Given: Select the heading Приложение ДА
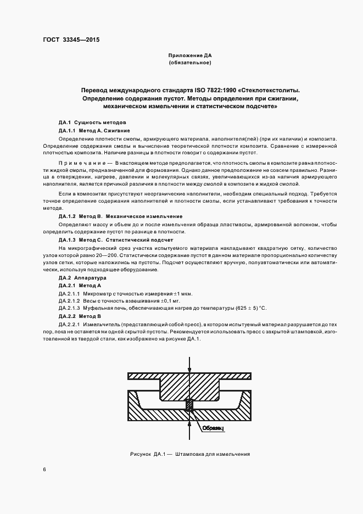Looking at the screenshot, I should click(x=189, y=56).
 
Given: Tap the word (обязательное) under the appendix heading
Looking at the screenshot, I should click(x=189, y=63).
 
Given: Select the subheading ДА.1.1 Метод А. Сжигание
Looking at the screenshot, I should click(x=94, y=131).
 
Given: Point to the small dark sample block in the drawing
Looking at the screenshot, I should click(x=189, y=405).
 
